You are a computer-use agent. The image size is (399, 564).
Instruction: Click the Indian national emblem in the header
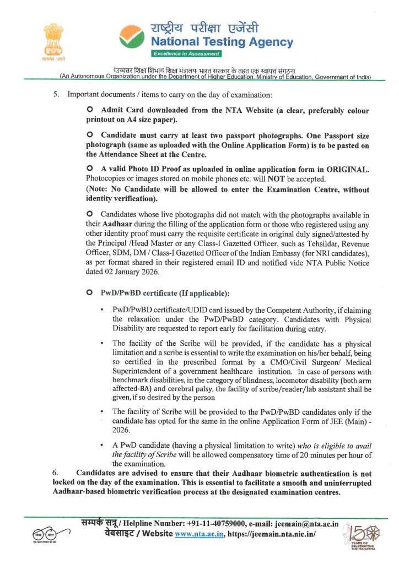(x=53, y=40)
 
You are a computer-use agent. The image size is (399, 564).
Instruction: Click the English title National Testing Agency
(x=222, y=42)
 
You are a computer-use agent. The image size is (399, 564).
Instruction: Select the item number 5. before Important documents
(x=55, y=95)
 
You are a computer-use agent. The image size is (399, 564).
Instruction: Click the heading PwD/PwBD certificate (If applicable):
(x=165, y=292)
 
